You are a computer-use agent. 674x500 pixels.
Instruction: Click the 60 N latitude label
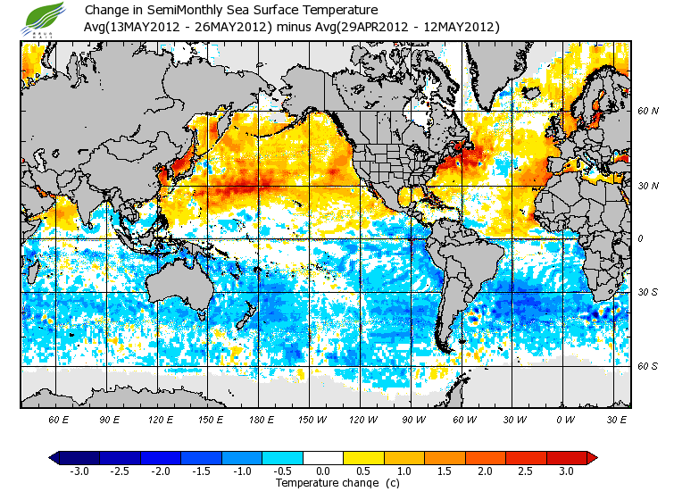coord(647,112)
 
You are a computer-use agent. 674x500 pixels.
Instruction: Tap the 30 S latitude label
coord(647,293)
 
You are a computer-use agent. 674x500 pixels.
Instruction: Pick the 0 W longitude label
coord(565,419)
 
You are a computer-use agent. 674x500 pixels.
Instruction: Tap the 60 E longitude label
coord(59,419)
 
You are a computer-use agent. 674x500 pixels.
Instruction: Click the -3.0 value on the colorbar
coord(79,471)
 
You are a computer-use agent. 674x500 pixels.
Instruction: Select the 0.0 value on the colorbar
coord(323,471)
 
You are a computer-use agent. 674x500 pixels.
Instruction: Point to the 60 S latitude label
coord(647,366)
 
